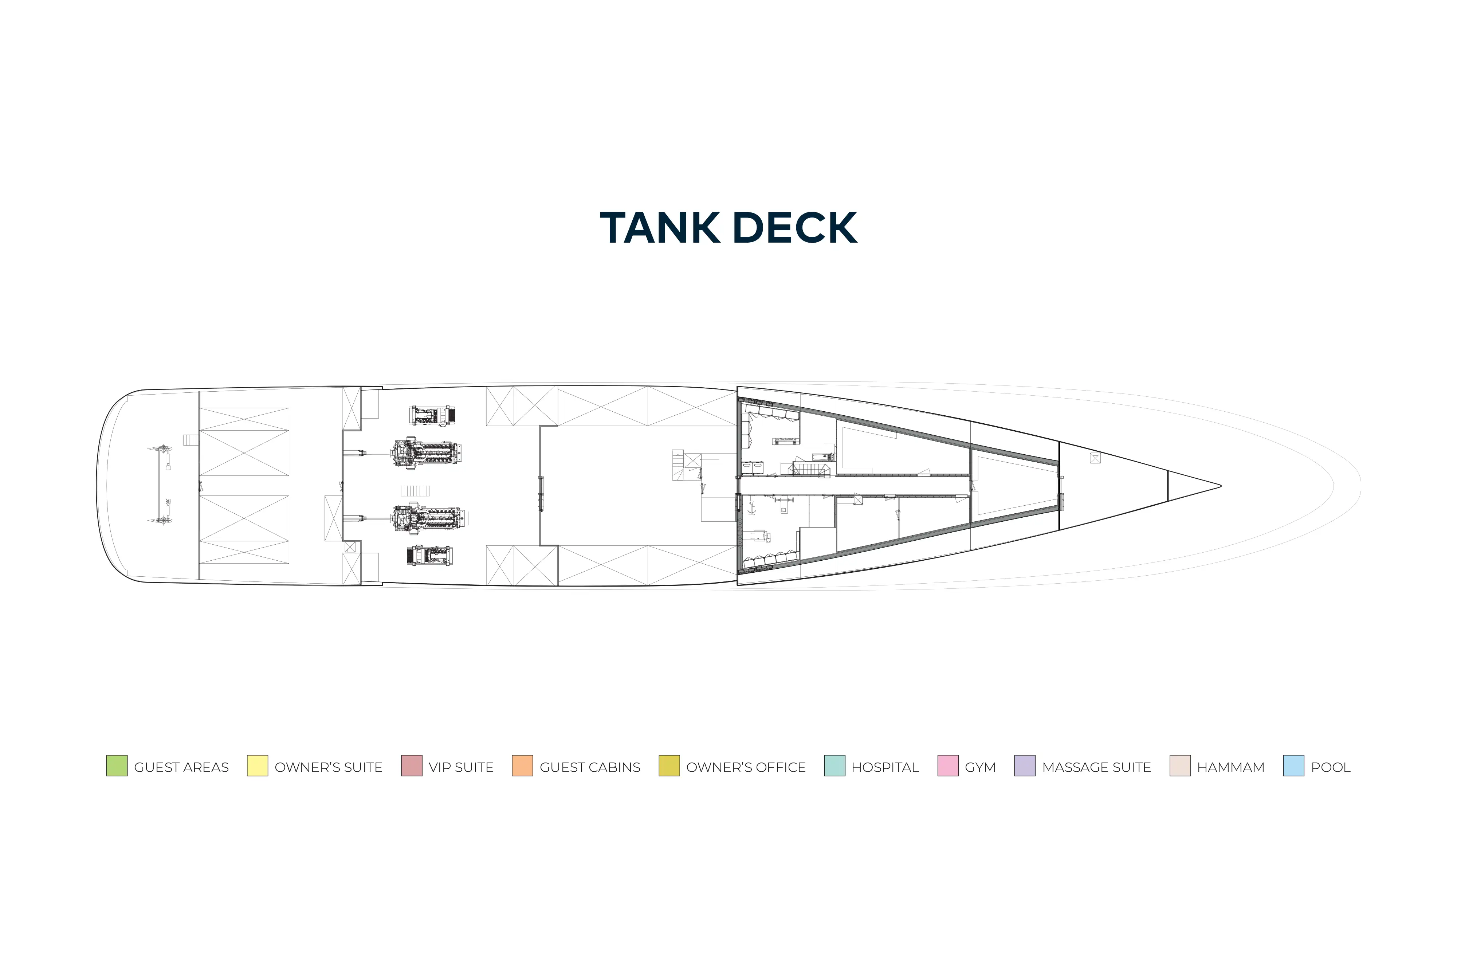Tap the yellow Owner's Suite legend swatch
[x=257, y=765]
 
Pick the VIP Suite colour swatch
[x=412, y=765]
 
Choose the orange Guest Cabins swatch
[x=522, y=765]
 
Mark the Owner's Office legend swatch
[x=669, y=765]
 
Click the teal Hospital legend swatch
[x=835, y=765]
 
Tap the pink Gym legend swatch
[x=948, y=765]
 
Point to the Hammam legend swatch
[x=1180, y=765]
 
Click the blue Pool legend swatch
[x=1293, y=765]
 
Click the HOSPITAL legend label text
[x=885, y=767]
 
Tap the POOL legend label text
[x=1331, y=767]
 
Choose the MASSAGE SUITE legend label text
[x=1096, y=767]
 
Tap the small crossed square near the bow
[x=1095, y=458]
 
